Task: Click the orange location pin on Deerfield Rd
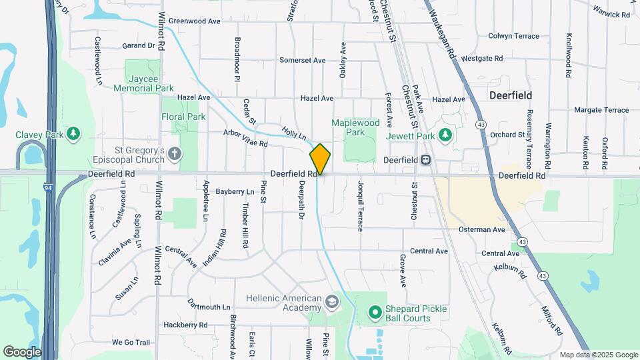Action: [x=320, y=159]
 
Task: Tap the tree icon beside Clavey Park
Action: [x=73, y=133]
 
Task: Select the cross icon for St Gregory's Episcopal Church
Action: [x=175, y=155]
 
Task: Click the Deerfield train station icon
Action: [x=425, y=160]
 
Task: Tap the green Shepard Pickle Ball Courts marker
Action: [x=374, y=311]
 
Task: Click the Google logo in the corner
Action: [x=22, y=351]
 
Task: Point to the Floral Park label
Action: [x=183, y=117]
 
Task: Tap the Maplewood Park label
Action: [x=355, y=127]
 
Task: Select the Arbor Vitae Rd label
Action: [x=245, y=139]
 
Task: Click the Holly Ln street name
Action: [x=293, y=133]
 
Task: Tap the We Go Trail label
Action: [x=131, y=342]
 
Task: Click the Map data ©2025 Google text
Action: [x=598, y=355]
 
